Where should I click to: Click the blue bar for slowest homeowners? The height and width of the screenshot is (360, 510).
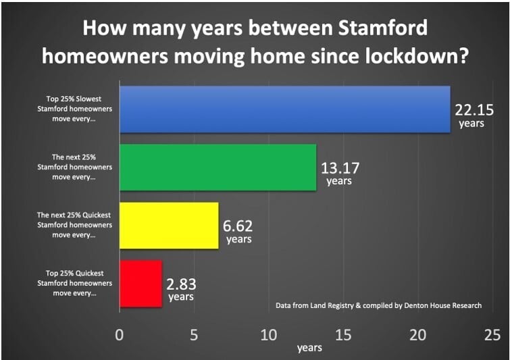click(285, 109)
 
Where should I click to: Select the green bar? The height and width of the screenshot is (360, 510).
click(218, 168)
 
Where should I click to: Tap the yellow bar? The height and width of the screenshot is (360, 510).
click(169, 226)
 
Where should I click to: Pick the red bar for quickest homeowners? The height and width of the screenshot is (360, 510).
click(141, 284)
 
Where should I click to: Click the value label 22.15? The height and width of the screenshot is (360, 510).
click(474, 110)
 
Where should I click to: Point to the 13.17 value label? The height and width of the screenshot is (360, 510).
click(340, 168)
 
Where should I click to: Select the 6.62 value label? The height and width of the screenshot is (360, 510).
click(238, 226)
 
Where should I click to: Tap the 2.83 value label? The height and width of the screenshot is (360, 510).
click(181, 284)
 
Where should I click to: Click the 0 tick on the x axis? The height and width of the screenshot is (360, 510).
click(120, 334)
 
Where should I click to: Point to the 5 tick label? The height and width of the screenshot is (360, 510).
click(194, 334)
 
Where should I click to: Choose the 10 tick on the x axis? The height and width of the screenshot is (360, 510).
click(269, 334)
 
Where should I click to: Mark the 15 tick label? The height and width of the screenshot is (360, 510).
click(343, 334)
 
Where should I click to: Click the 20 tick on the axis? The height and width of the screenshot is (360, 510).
click(417, 334)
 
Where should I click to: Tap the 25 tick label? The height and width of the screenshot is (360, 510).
click(492, 334)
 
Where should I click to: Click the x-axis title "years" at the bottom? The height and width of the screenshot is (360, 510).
click(309, 348)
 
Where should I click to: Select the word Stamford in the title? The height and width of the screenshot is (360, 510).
click(383, 28)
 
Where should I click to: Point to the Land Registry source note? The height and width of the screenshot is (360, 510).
click(378, 306)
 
